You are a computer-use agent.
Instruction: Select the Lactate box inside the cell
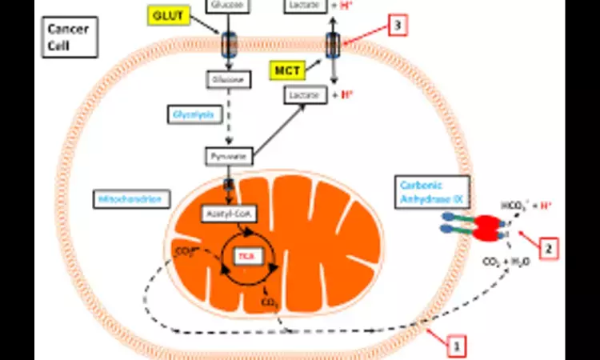point(306,94)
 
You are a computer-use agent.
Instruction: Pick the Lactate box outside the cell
point(306,6)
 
